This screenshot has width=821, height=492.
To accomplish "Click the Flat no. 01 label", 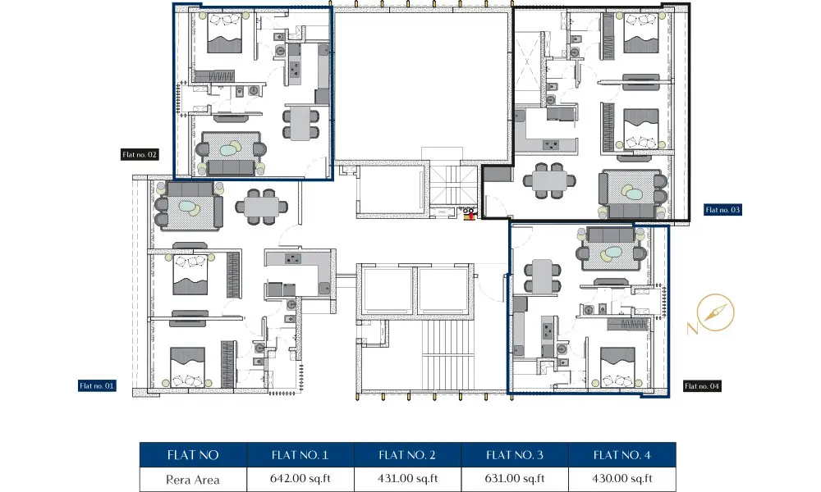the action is click(x=97, y=386).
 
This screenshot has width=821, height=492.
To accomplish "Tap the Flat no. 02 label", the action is click(x=140, y=154).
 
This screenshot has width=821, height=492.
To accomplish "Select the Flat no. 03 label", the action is click(x=722, y=210).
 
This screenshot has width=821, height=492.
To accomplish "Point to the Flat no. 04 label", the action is click(x=702, y=386).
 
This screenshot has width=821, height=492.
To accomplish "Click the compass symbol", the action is click(x=715, y=312).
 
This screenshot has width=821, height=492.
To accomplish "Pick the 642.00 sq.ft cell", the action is click(x=300, y=479).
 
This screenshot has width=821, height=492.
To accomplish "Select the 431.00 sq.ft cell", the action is click(x=408, y=479).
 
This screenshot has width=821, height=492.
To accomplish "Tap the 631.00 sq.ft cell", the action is click(x=515, y=479).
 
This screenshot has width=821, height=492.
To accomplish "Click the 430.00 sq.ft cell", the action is click(x=622, y=479).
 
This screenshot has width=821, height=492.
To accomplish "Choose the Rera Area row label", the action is click(x=193, y=480).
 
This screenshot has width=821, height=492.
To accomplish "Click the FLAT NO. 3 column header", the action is click(x=515, y=455).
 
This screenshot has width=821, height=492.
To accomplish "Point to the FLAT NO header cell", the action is click(x=193, y=455).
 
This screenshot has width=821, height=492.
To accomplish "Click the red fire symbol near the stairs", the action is click(x=470, y=214).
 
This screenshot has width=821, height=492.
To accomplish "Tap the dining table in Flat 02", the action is click(x=301, y=123).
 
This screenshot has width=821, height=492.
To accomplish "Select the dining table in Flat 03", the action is click(x=550, y=181).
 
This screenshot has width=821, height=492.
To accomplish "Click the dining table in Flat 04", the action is click(x=543, y=276).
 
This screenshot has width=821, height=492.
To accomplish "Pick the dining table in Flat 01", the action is click(x=261, y=207).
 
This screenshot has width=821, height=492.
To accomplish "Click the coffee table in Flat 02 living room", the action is click(x=228, y=151).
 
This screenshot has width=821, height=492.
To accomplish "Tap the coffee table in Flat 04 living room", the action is click(x=612, y=253).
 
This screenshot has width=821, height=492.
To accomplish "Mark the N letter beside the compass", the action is click(x=692, y=328).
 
